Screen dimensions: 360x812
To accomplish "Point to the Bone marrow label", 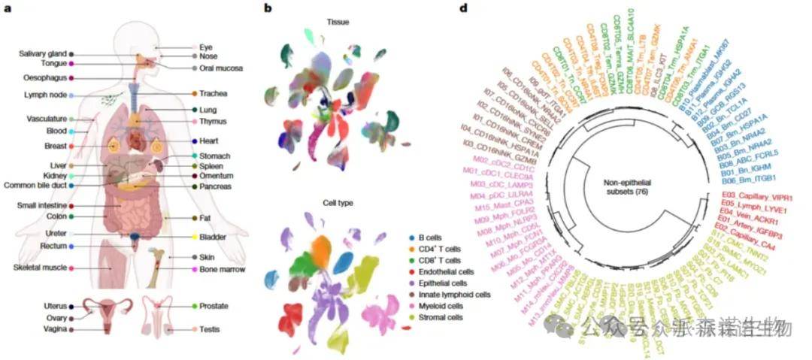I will [x=220, y=268].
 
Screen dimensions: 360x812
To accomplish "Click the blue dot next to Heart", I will [x=194, y=141].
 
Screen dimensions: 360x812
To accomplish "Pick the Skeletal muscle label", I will [x=40, y=268].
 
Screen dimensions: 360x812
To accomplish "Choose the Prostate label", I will [x=215, y=307].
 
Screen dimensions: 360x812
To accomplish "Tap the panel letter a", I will [x=7, y=8].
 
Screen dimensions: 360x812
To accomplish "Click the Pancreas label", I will [x=216, y=186].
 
